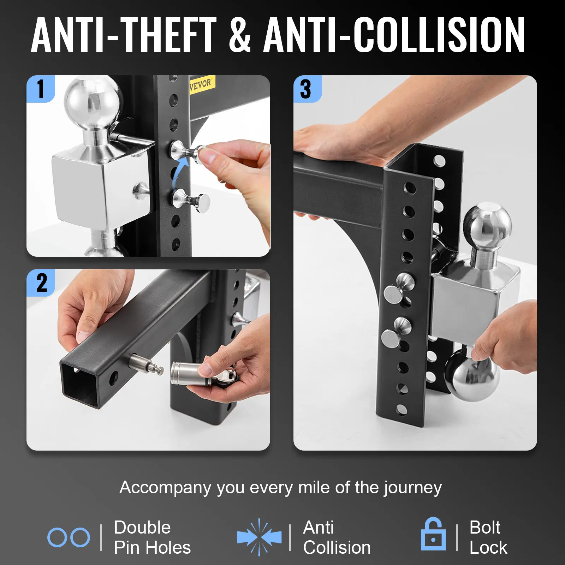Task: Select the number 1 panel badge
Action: (x=41, y=89)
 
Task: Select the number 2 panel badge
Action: (x=41, y=282)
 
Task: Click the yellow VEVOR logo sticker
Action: (x=201, y=84)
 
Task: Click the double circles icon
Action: (x=69, y=537)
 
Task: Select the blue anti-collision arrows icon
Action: (x=260, y=537)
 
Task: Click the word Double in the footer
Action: (x=142, y=528)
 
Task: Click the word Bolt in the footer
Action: (x=484, y=528)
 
